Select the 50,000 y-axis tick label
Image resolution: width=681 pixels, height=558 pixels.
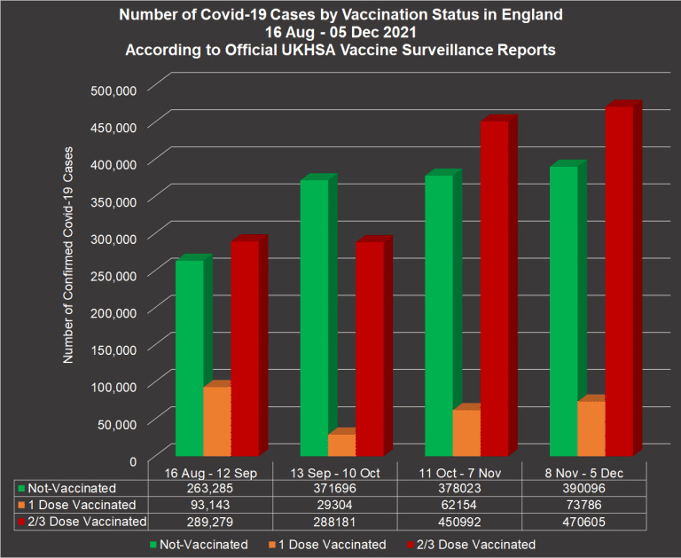pyautogui.click(x=117, y=423)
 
